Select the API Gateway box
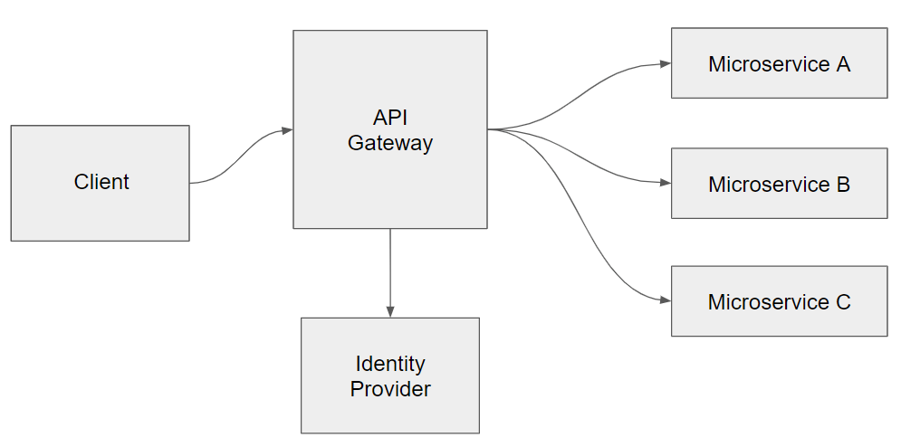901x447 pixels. (389, 181)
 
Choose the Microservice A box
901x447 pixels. (779, 81)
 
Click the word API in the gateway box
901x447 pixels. (390, 118)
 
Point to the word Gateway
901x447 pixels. (390, 143)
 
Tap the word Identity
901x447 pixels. (390, 364)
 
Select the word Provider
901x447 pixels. (390, 389)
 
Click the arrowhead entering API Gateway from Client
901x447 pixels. (287, 130)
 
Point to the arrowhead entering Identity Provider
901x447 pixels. (390, 311)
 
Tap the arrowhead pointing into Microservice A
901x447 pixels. (665, 64)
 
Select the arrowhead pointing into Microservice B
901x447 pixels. (665, 184)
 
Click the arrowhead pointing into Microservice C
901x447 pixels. (665, 300)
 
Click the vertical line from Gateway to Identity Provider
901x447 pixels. (390, 267)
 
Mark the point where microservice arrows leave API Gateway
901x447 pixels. (489, 129)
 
